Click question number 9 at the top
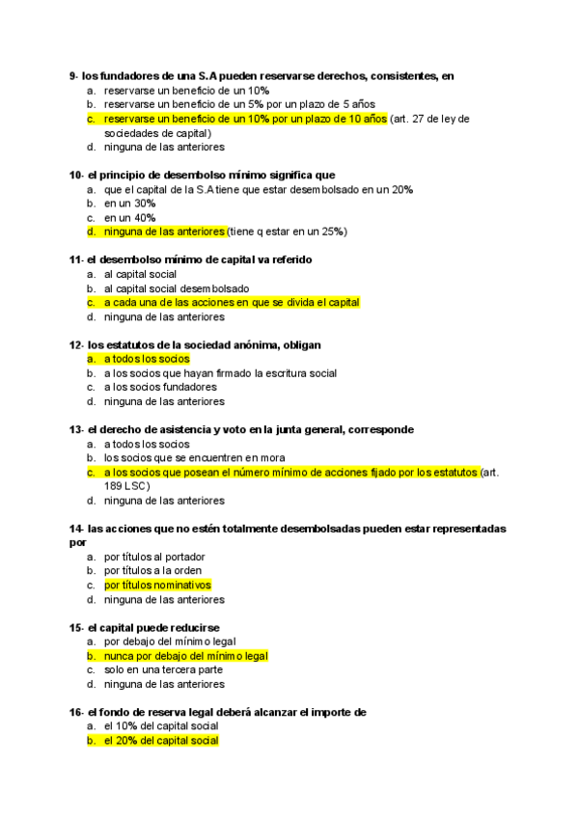click(73, 75)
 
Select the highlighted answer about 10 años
click(245, 119)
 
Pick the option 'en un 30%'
click(130, 204)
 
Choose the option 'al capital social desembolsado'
click(177, 288)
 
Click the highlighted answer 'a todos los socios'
click(147, 359)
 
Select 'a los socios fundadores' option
click(160, 387)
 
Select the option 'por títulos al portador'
click(154, 557)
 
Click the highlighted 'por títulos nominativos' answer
click(157, 585)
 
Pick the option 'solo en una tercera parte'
click(163, 669)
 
